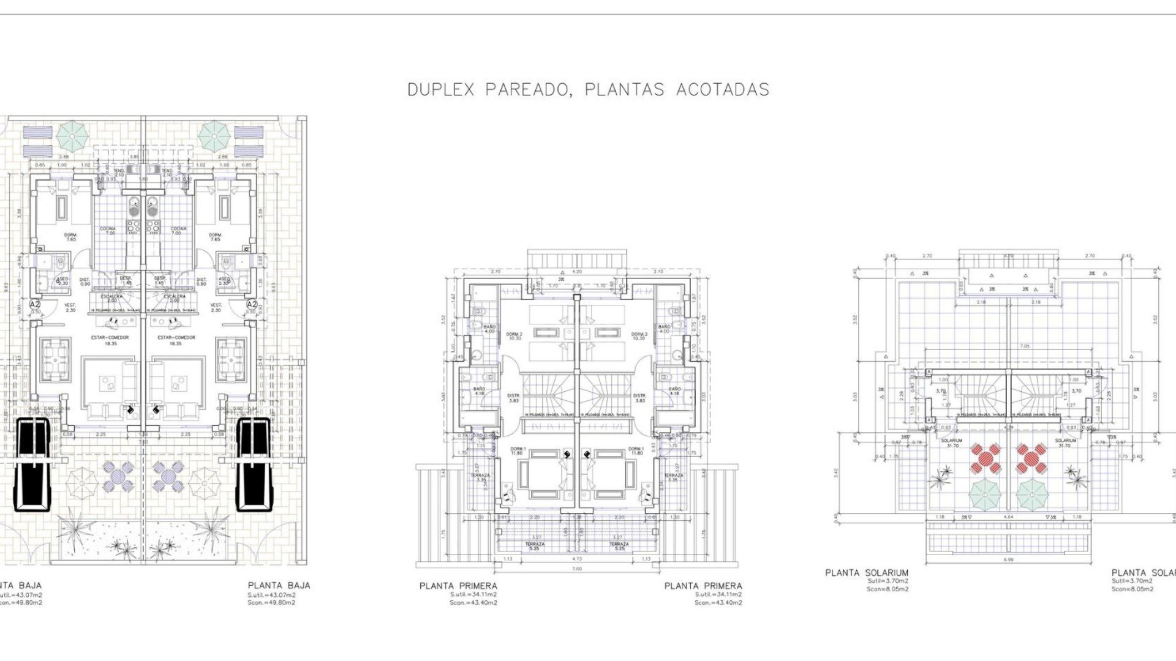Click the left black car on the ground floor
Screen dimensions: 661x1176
pyautogui.click(x=31, y=463)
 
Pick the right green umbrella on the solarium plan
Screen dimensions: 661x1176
pyautogui.click(x=1033, y=493)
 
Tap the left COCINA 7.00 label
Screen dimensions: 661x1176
pyautogui.click(x=108, y=231)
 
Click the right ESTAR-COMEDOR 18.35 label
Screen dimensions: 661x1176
pyautogui.click(x=176, y=340)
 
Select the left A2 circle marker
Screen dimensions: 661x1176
pyautogui.click(x=35, y=304)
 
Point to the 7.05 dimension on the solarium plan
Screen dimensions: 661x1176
pyautogui.click(x=1007, y=346)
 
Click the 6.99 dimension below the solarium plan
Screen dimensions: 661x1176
pyautogui.click(x=1007, y=560)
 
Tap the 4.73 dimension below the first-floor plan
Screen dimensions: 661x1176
pyautogui.click(x=576, y=559)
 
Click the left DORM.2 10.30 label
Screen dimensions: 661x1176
pyautogui.click(x=514, y=336)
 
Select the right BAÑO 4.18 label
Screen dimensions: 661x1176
pyautogui.click(x=674, y=390)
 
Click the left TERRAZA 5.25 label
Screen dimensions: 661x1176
pyautogui.click(x=534, y=546)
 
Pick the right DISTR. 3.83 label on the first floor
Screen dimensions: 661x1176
pyautogui.click(x=640, y=397)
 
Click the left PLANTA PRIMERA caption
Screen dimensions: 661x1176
pyautogui.click(x=458, y=586)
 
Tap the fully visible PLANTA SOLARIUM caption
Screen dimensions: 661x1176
pyautogui.click(x=867, y=573)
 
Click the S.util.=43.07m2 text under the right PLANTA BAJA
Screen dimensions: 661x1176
pyautogui.click(x=271, y=595)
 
